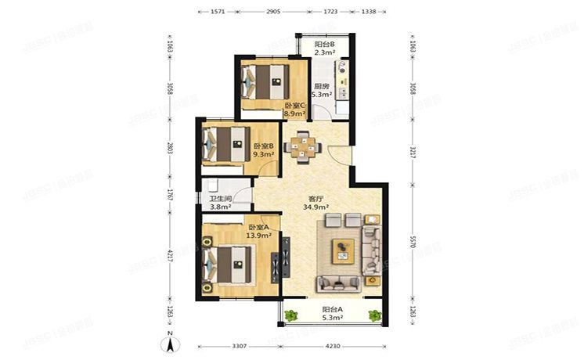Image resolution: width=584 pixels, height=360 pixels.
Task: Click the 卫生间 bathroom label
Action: coord(221,203)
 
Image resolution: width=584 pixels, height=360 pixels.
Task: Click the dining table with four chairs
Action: coord(302,146)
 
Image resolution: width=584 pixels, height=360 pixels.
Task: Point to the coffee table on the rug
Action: coord(343,250)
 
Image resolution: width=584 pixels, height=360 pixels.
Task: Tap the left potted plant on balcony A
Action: coord(292,316)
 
